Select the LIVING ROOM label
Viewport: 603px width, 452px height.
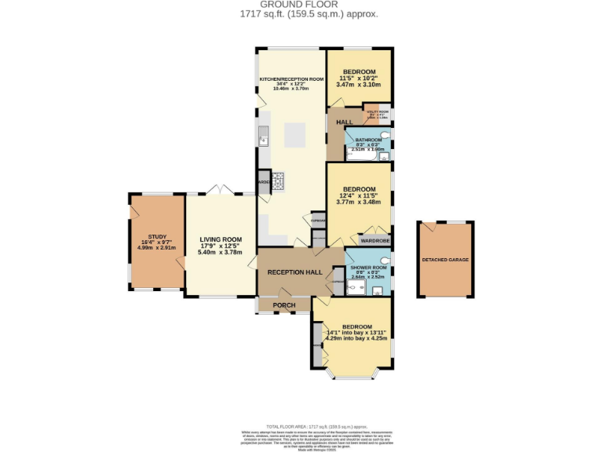(x=220, y=239)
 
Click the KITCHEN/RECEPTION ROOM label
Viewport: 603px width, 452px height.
(x=291, y=79)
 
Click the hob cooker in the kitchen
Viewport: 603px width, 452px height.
(x=277, y=181)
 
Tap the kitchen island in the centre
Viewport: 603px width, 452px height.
(x=295, y=134)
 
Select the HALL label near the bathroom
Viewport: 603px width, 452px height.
(x=344, y=123)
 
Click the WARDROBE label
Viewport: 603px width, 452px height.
(x=374, y=240)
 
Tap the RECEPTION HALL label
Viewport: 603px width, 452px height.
(x=294, y=272)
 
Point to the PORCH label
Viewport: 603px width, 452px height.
(x=283, y=304)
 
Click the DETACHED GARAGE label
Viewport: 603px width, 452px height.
(x=445, y=259)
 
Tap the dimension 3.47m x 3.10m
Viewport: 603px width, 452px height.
(x=359, y=84)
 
